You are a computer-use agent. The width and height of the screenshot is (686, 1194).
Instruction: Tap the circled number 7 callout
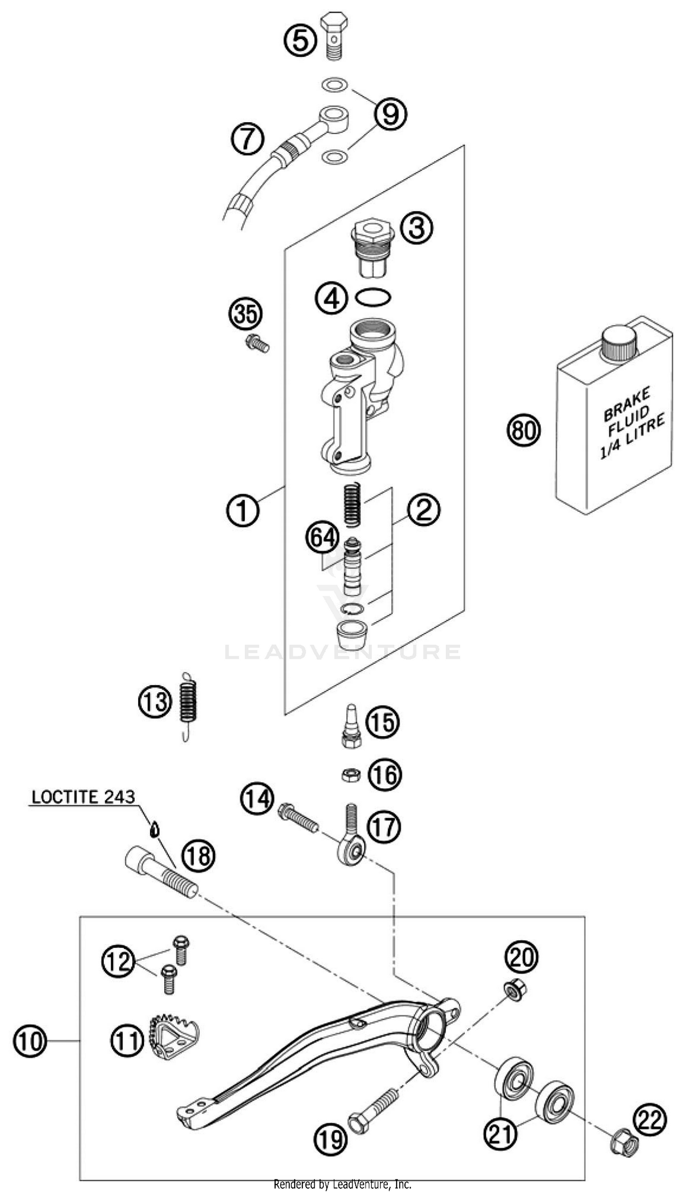247,139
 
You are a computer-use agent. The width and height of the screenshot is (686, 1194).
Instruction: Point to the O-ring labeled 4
373,298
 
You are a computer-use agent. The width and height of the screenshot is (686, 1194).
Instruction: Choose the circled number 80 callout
524,430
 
